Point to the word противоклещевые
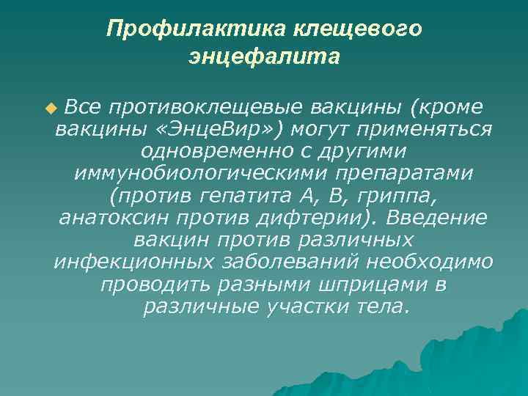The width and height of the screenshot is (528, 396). click(199, 108)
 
